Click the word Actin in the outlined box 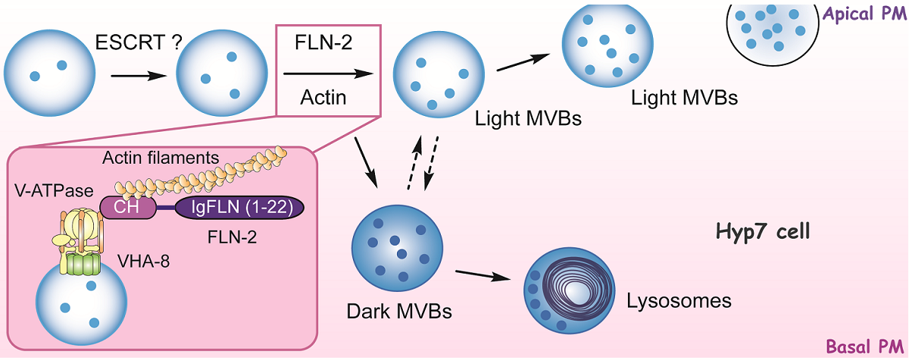click(x=323, y=98)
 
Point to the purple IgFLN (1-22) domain click(x=239, y=208)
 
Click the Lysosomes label click(x=679, y=301)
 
